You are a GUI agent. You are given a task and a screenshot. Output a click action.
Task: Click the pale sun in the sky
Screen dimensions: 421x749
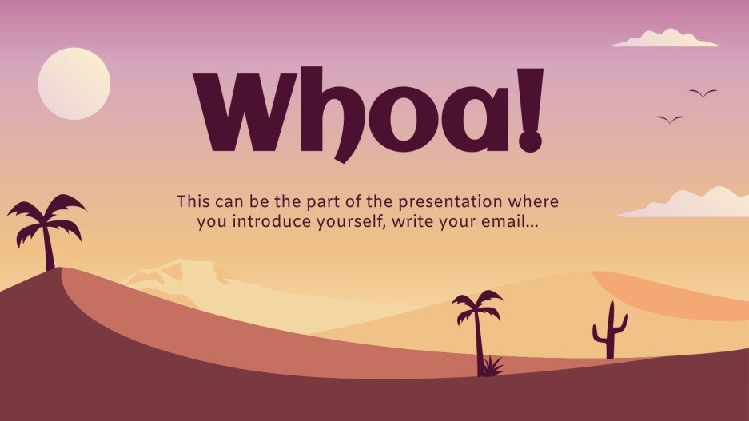click(x=74, y=84)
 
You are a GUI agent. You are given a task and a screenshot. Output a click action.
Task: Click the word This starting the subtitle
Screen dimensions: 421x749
click(x=193, y=201)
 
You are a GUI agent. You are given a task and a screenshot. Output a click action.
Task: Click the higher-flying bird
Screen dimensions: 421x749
click(x=703, y=93)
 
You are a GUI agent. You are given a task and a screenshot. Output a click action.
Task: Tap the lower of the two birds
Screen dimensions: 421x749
click(x=670, y=120)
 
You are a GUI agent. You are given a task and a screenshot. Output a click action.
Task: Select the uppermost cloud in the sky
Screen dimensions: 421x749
click(x=665, y=38)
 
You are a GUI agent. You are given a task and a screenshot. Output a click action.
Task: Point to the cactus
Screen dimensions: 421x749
click(x=609, y=332)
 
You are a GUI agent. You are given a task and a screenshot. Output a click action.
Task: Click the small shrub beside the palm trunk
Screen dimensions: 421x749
click(x=493, y=367)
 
